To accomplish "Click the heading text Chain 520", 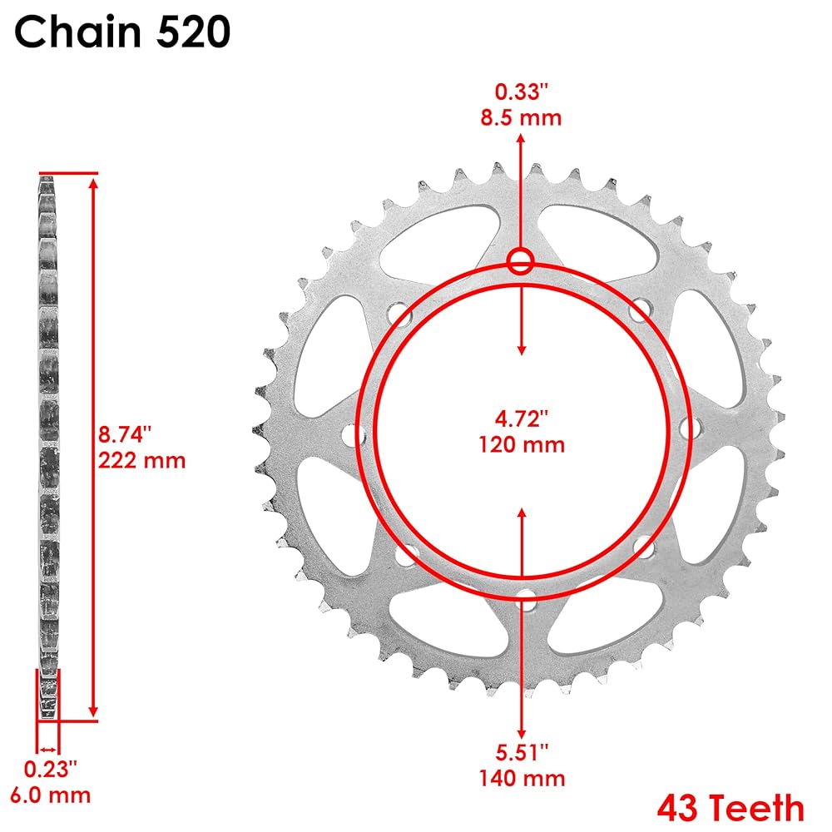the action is tap(122, 32).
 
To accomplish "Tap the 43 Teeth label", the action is tap(730, 808).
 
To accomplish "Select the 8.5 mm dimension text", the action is tap(521, 117).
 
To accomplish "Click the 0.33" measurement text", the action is tap(521, 92).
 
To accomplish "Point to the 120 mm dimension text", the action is tap(522, 444).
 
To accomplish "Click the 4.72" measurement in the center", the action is tap(521, 418).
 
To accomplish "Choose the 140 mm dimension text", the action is tap(522, 779).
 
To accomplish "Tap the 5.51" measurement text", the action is tap(522, 752).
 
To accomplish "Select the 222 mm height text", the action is tap(141, 460).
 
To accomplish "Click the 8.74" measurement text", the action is tap(125, 434).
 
